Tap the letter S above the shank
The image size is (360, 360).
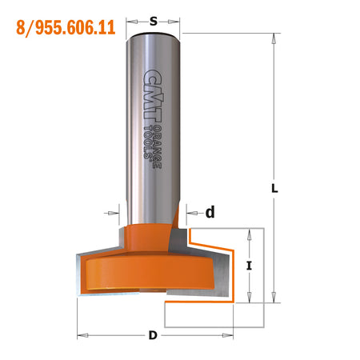tap(153, 22)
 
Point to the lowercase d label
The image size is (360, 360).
tap(210, 213)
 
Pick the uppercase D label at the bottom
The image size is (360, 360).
tap(153, 334)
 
